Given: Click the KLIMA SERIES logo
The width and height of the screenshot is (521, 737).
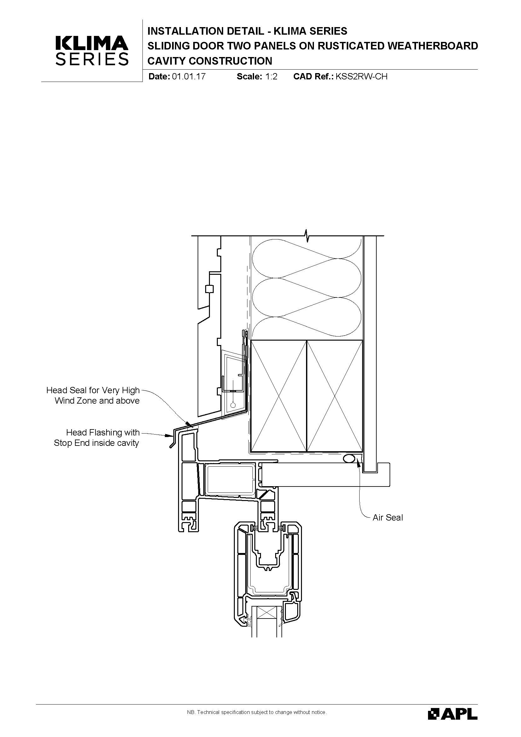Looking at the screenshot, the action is click(x=92, y=50).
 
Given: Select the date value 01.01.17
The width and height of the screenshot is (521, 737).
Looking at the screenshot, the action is click(x=189, y=76).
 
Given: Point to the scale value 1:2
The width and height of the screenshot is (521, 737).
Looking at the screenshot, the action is click(x=271, y=76).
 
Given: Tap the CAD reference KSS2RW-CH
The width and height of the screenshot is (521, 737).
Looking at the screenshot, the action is click(x=362, y=76).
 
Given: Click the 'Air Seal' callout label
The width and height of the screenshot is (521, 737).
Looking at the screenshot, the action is click(x=387, y=517).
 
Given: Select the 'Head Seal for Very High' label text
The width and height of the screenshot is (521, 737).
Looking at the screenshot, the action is click(x=93, y=390).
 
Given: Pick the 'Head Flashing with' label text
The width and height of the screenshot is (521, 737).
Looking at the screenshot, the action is click(x=103, y=432).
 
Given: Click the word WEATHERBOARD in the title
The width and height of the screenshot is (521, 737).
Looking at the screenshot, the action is click(x=433, y=46).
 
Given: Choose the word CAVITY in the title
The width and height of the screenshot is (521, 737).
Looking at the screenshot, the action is click(x=167, y=61).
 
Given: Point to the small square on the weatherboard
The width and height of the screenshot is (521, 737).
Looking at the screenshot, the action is click(x=209, y=289).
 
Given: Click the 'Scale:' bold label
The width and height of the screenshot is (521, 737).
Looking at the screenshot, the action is click(x=249, y=76).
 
